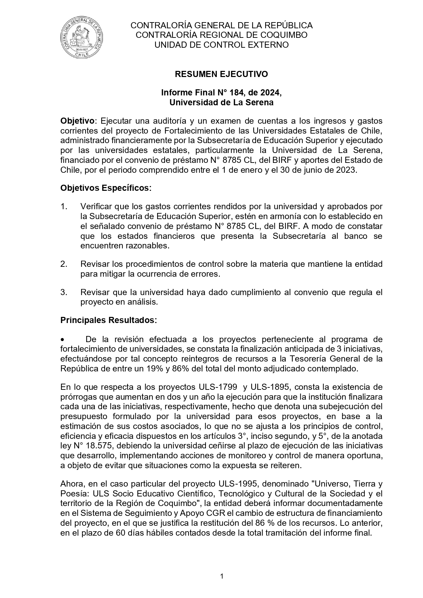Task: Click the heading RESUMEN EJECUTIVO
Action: click(x=221, y=74)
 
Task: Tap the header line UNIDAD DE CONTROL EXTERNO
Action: click(x=221, y=45)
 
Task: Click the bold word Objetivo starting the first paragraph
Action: click(x=77, y=121)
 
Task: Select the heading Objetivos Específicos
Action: click(x=106, y=188)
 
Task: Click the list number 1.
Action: click(x=63, y=206)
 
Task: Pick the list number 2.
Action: click(x=63, y=264)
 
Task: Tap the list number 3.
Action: click(x=63, y=292)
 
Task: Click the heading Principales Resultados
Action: click(x=108, y=320)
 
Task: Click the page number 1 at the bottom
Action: click(x=222, y=577)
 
